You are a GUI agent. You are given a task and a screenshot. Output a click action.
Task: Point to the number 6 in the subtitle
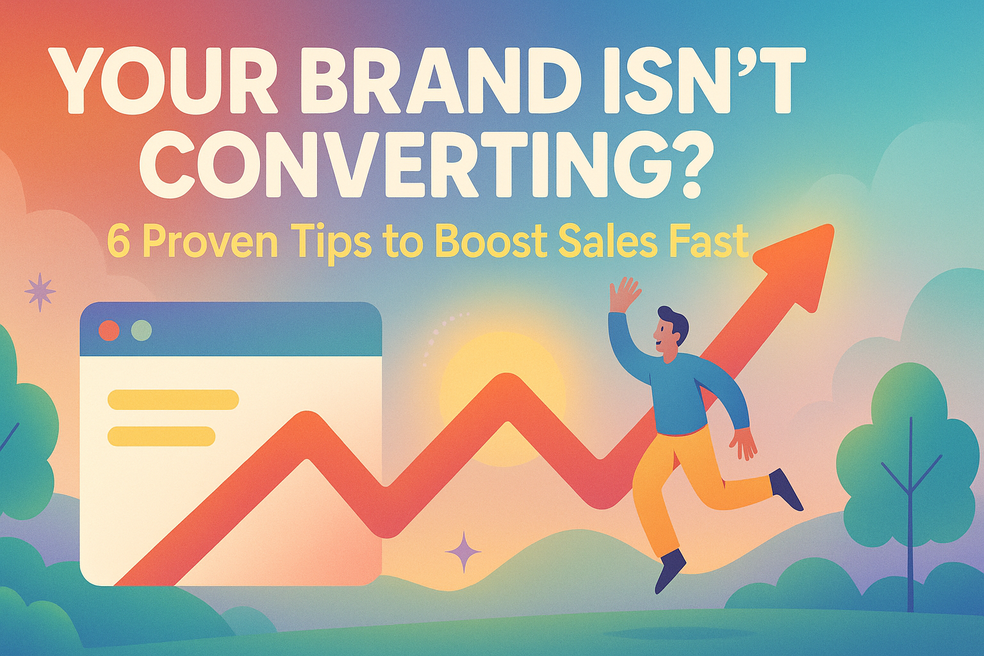pyautogui.click(x=119, y=242)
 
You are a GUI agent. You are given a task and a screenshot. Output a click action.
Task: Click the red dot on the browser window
pyautogui.click(x=110, y=331)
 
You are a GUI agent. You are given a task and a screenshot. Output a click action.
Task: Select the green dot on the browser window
pyautogui.click(x=142, y=331)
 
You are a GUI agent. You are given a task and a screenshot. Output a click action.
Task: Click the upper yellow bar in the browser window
pyautogui.click(x=173, y=399)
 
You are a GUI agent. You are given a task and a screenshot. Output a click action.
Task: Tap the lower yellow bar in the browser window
pyautogui.click(x=161, y=436)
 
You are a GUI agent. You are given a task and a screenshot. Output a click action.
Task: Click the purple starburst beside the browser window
pyautogui.click(x=40, y=292)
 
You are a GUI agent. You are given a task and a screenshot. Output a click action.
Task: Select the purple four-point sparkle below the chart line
pyautogui.click(x=463, y=552)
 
